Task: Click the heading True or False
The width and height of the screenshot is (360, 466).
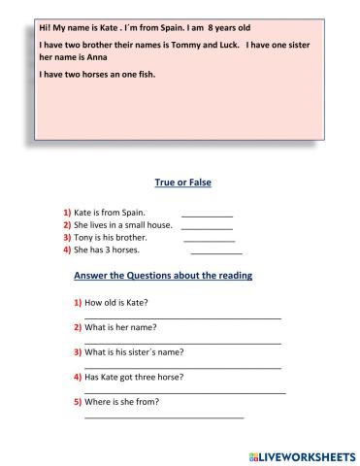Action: coord(183,183)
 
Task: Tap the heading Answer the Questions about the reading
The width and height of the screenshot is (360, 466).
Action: coord(163,276)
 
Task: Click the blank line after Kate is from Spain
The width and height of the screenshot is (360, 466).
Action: coord(207,215)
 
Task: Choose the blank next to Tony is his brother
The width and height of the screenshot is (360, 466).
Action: coord(209,240)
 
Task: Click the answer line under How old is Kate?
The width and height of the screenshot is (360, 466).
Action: coord(182,317)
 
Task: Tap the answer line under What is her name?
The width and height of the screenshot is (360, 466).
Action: coord(182,343)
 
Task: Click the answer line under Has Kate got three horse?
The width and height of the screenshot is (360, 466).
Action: coord(184,392)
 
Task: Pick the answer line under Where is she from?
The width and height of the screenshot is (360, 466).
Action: coord(164,417)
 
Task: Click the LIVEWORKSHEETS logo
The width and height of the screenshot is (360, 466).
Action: coord(302,454)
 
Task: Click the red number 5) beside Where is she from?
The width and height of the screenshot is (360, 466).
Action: coord(78,401)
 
